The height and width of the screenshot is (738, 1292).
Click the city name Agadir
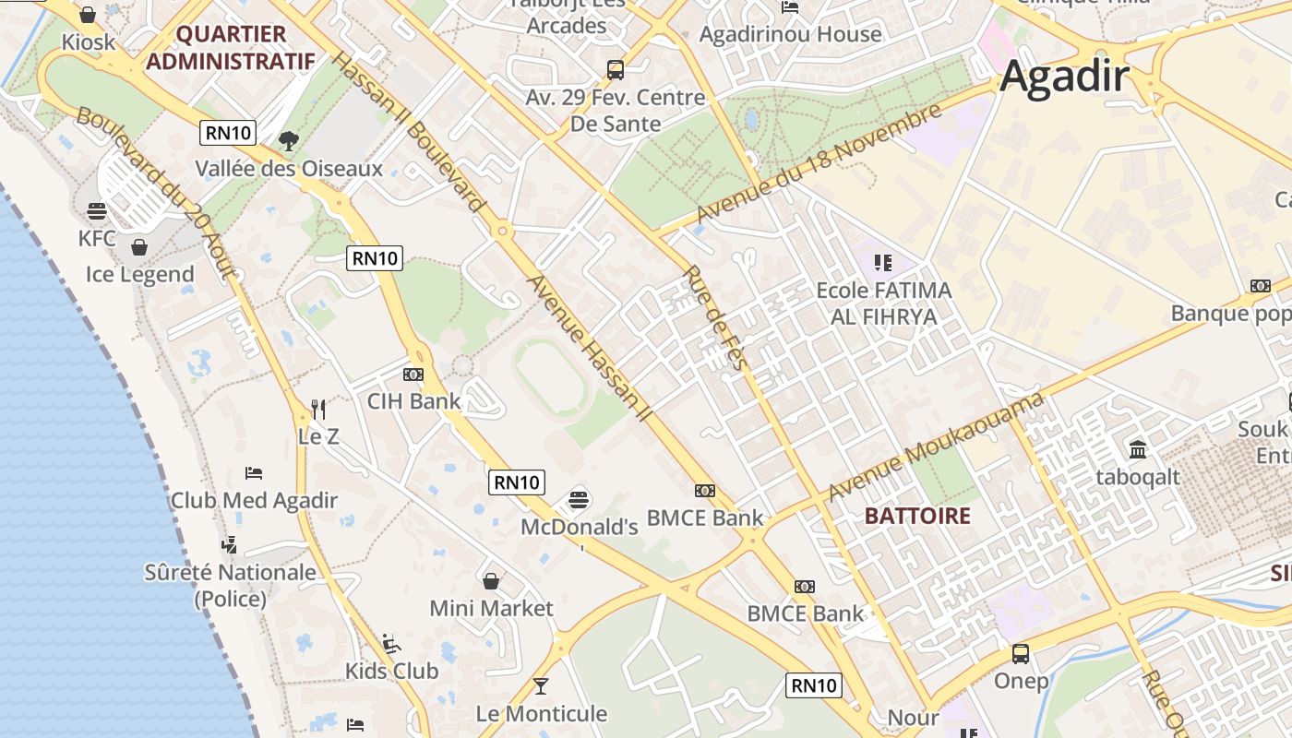coord(1064,76)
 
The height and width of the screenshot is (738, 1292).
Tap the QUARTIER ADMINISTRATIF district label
coord(231,48)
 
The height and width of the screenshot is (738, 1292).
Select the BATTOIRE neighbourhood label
coord(917,516)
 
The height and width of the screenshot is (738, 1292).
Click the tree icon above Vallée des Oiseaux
coord(289,141)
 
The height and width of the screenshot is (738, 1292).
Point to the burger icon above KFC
coord(97,211)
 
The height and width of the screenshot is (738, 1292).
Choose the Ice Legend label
coord(140,274)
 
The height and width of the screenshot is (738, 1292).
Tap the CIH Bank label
coord(413,401)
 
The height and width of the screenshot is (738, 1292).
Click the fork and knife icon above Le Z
coord(318,409)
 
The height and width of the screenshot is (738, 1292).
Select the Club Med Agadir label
coord(254,501)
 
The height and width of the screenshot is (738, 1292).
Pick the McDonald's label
coord(580,528)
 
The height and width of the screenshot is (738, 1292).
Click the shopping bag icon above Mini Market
coord(491,581)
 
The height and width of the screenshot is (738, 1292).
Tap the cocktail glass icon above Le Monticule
coord(541,686)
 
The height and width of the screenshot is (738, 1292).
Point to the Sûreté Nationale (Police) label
coord(231,585)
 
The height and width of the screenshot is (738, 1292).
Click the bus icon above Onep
coord(1021,654)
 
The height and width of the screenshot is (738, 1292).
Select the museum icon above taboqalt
coord(1138,450)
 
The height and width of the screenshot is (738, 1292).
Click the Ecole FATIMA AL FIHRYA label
coord(883,304)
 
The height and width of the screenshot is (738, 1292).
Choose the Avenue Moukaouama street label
coord(936,446)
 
